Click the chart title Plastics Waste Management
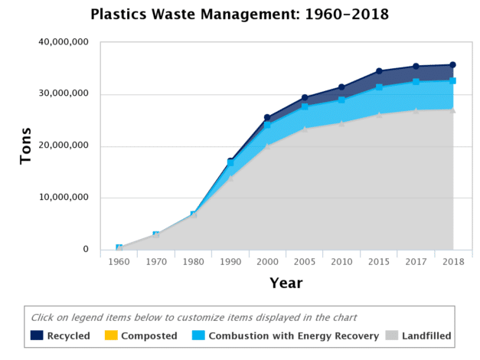239,14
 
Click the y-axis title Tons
25,146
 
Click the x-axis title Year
286,283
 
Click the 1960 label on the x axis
119,262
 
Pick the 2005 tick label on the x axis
304,262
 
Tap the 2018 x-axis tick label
452,262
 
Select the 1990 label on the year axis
230,262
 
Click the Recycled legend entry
60,335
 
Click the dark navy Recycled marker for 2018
452,65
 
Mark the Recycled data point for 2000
267,118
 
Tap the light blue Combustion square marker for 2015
378,87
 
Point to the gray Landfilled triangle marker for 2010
341,123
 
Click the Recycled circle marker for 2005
304,98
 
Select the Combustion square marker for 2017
416,82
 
